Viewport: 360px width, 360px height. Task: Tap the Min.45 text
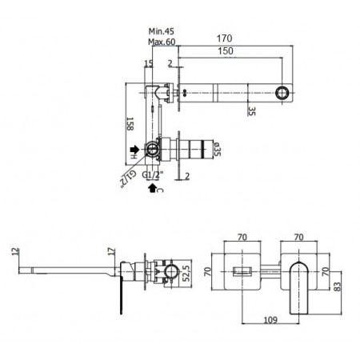[160, 33]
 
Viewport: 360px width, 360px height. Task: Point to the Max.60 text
[160, 43]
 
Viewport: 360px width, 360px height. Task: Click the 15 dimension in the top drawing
[148, 64]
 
